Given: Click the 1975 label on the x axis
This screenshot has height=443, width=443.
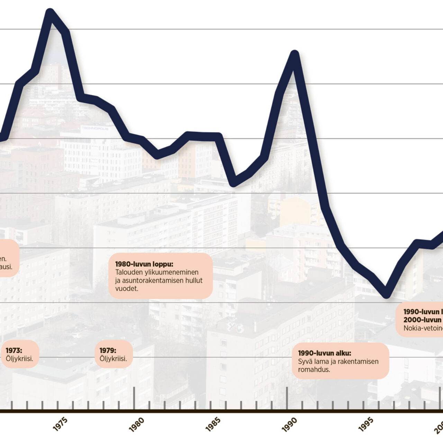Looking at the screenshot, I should click(60, 424).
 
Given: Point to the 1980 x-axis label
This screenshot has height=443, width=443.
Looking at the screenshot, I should click(136, 424).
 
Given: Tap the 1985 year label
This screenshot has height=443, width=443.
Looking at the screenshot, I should click(213, 424).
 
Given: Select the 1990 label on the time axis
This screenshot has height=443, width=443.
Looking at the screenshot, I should click(289, 424).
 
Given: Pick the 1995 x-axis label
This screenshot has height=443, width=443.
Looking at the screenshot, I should click(366, 424).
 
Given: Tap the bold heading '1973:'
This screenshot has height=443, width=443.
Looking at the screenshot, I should click(14, 351).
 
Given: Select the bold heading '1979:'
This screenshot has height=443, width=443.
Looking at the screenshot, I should click(108, 351).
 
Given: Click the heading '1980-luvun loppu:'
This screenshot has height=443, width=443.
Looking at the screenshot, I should click(144, 264).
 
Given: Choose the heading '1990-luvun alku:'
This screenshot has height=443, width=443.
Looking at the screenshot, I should click(325, 353).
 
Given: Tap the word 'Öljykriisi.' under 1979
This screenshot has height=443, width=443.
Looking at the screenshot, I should click(113, 359).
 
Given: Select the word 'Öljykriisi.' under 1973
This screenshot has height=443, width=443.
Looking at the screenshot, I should click(19, 359).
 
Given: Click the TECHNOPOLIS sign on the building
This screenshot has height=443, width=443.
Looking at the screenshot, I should click(94, 128).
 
